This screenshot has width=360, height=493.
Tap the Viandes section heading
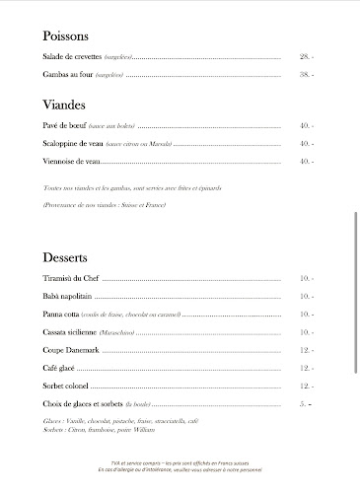(x=64, y=104)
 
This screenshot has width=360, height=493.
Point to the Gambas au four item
(x=67, y=75)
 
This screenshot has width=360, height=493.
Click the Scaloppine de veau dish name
(x=74, y=143)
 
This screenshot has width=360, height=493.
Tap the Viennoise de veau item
(x=72, y=161)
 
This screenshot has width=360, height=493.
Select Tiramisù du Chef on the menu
(x=72, y=279)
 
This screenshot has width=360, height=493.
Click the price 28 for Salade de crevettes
(x=306, y=57)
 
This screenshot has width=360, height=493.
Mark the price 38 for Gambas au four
(x=306, y=75)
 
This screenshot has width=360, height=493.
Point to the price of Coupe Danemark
(x=306, y=350)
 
